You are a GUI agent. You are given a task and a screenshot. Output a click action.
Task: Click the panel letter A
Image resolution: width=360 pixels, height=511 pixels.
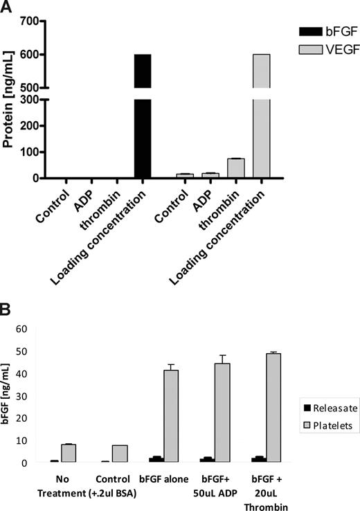(x=8, y=8)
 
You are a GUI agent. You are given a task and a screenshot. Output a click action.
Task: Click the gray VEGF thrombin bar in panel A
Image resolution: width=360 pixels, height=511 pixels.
(x=236, y=168)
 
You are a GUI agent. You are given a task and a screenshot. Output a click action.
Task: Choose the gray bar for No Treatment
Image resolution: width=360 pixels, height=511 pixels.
(x=68, y=453)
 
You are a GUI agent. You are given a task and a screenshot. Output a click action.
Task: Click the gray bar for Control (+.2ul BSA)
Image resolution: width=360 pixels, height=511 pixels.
(x=119, y=454)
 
